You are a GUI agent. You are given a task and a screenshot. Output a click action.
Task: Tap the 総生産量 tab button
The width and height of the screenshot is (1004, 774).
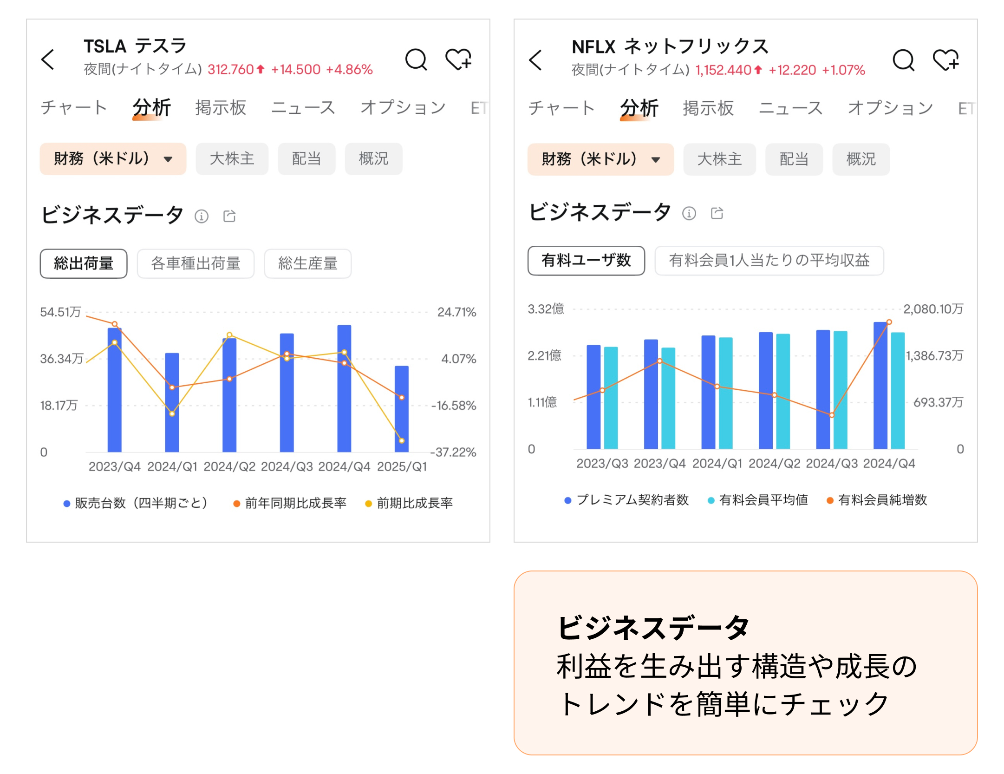[307, 263]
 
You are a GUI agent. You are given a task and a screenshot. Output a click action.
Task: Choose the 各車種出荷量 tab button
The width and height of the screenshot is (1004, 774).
[196, 263]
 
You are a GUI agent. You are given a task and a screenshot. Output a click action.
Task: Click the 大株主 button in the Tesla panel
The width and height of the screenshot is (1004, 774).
[232, 159]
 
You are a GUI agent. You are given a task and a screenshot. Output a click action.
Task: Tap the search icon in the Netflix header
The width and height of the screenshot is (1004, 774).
[903, 60]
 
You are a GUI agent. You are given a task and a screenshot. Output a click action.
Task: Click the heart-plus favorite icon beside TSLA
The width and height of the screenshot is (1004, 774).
[458, 59]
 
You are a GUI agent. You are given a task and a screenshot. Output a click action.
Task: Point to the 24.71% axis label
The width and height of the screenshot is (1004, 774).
[456, 312]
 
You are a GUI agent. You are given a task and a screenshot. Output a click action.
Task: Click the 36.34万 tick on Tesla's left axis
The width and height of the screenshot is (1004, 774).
[61, 359]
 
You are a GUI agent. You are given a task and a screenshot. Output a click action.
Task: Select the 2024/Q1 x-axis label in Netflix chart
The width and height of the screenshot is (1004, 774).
[717, 463]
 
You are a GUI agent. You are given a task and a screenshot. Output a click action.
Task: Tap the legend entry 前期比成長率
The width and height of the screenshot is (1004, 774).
[414, 503]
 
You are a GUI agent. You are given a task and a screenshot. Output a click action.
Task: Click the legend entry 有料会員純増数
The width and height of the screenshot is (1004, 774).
[882, 500]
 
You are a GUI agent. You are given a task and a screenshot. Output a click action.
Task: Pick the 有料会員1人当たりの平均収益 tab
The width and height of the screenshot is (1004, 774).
[769, 261]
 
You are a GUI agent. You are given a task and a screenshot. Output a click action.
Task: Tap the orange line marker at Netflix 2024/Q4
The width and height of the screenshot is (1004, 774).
[889, 322]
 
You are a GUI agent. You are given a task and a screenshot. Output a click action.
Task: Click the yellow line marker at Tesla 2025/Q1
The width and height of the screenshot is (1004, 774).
[402, 440]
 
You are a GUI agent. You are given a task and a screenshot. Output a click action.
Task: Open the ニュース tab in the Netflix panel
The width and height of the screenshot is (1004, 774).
[790, 108]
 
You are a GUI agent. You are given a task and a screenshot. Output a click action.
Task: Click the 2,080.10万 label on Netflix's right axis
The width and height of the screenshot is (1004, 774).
[933, 309]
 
